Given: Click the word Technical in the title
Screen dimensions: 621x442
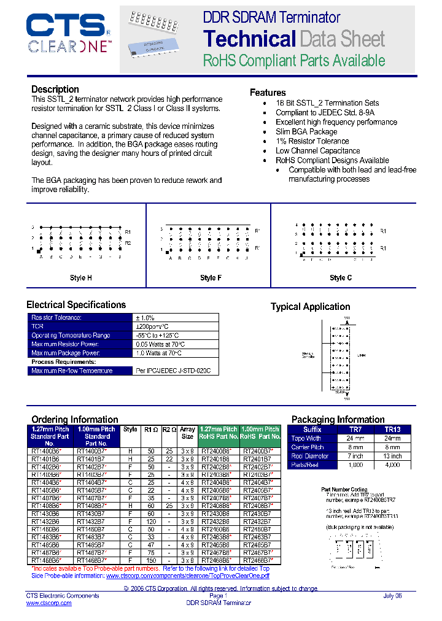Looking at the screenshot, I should click(249, 39).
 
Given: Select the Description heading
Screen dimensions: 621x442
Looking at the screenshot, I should click(55, 90).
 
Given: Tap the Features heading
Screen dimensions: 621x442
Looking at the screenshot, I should click(268, 93).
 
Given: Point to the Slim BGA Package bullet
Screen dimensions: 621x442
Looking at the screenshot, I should click(306, 131).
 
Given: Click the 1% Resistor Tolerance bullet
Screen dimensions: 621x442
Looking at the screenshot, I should click(312, 141).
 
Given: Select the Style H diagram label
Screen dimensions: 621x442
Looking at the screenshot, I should click(81, 278).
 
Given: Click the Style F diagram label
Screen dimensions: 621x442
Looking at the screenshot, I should click(211, 278).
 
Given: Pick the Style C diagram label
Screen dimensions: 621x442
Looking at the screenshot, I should click(341, 278).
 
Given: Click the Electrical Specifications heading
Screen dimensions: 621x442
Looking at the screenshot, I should click(76, 305).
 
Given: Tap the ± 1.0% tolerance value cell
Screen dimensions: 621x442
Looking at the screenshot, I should click(145, 318).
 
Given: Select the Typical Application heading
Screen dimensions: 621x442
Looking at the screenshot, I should click(311, 307).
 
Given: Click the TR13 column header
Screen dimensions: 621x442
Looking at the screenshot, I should click(392, 430).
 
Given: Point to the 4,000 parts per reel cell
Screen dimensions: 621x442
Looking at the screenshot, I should click(392, 465).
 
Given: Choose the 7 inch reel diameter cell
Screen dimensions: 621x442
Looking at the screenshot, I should click(355, 456).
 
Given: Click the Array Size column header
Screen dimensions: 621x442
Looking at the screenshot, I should click(187, 433).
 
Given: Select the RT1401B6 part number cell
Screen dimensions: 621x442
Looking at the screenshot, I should click(45, 458).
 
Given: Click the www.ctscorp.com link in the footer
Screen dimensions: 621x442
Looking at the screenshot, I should click(48, 603).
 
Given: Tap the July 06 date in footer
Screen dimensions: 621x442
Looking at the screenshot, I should click(392, 596).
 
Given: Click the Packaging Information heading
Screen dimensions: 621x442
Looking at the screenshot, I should click(338, 420).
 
